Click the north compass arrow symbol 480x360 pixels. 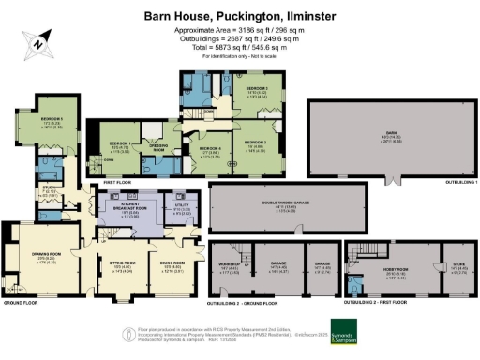click(37, 40)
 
